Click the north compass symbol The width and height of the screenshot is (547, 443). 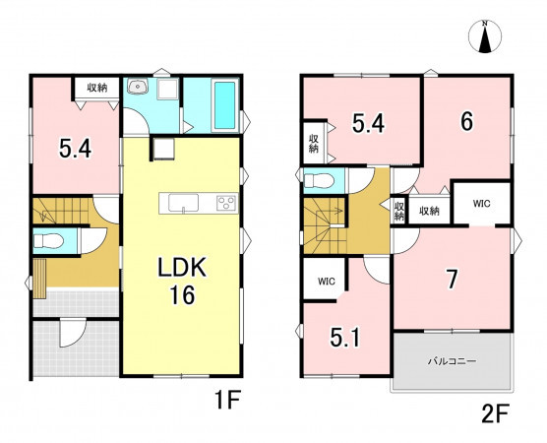pos(485,36)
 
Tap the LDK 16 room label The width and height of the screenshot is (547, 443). pos(182,282)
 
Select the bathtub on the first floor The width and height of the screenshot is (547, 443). pos(224,105)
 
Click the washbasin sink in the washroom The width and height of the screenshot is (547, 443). pos(138,86)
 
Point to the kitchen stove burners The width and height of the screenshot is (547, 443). pos(226,203)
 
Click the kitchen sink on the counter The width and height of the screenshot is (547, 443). pos(184,203)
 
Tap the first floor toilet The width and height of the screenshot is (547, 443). pos(48,240)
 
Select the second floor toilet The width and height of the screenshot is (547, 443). pos(319,181)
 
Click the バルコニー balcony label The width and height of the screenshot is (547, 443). pos(452,361)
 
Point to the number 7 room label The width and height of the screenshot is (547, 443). pos(453,280)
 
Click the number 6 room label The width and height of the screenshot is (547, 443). pos(466,122)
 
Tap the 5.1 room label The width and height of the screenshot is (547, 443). pos(344,338)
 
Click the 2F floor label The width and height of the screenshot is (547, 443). pos(496,413)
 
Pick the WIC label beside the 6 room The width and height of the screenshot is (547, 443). pos(482,204)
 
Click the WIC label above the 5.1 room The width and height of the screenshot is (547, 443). pos(327,281)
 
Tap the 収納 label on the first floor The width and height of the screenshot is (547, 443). pos(97,88)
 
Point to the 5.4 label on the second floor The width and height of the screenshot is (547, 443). pos(368,124)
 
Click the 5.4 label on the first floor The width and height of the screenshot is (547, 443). pos(75,148)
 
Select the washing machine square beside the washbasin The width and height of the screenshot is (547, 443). pos(167,89)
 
